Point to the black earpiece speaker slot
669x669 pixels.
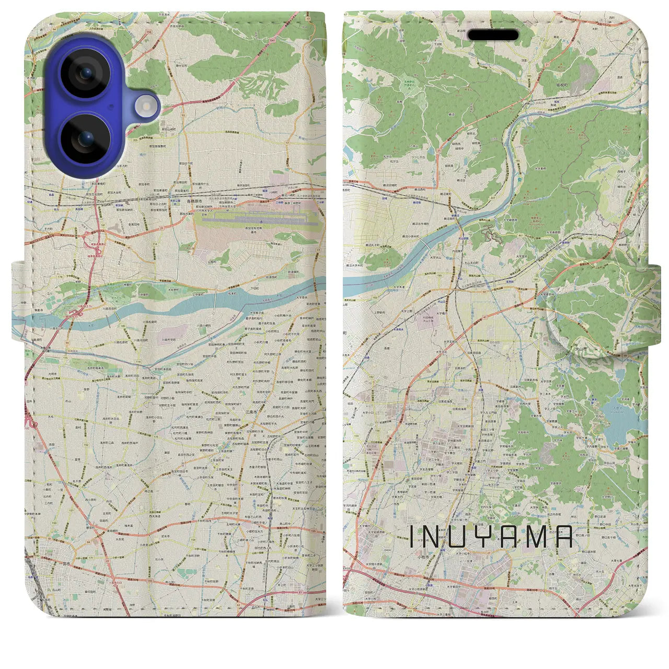tap(493, 35)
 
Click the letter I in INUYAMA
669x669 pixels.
tap(413, 537)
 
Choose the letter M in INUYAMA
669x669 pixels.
tap(537, 537)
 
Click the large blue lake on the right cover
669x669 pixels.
tap(625, 418)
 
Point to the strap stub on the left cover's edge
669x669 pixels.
tap(18, 303)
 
